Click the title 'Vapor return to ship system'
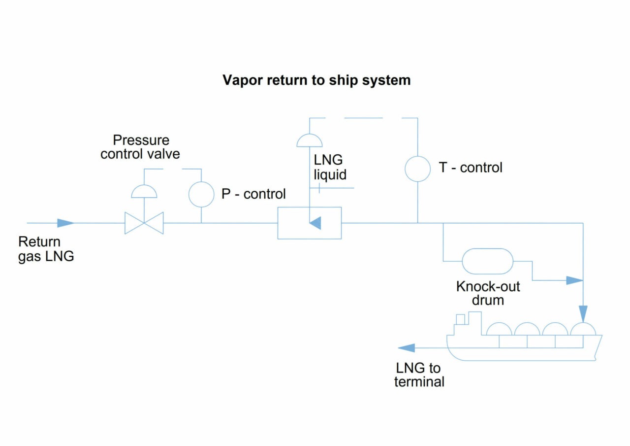pyautogui.click(x=316, y=80)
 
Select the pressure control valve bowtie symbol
pyautogui.click(x=144, y=223)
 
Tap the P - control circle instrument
pyautogui.click(x=201, y=194)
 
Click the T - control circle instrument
pyautogui.click(x=417, y=169)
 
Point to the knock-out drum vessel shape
pyautogui.click(x=487, y=261)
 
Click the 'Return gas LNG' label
pyautogui.click(x=46, y=249)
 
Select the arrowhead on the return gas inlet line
pyautogui.click(x=65, y=223)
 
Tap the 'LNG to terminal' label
pyautogui.click(x=419, y=375)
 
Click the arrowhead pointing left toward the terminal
pyautogui.click(x=406, y=348)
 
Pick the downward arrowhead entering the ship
pyautogui.click(x=583, y=313)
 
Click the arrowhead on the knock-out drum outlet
pyautogui.click(x=574, y=280)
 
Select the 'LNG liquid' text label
pyautogui.click(x=330, y=167)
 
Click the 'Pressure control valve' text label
pyautogui.click(x=140, y=147)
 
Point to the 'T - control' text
pyautogui.click(x=471, y=168)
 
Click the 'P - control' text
pyautogui.click(x=253, y=194)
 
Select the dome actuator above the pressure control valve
pyautogui.click(x=144, y=192)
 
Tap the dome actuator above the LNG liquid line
pyautogui.click(x=309, y=141)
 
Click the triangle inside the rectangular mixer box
pyautogui.click(x=315, y=223)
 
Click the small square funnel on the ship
pyautogui.click(x=460, y=319)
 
